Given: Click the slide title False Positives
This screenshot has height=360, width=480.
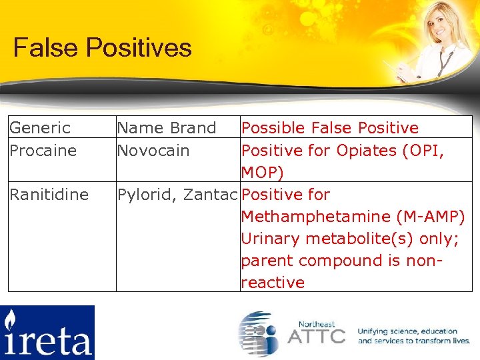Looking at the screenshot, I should coord(103,48).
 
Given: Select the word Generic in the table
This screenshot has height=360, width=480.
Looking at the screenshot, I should coord(39,128).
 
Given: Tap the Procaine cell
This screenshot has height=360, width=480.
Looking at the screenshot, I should coord(43,151).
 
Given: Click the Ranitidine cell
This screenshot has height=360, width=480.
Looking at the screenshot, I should coord(49,195).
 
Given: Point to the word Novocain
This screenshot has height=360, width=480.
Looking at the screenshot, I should coord(153,151).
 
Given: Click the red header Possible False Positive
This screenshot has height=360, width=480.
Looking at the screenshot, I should coord(329,128).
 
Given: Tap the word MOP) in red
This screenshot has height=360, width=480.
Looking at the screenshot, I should coord(262,173).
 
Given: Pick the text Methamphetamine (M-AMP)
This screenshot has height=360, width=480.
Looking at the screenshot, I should coord(352,217).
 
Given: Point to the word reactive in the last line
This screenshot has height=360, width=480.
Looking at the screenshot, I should coord(273,283).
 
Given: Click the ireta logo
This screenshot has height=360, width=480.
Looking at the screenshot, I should coord(47,332).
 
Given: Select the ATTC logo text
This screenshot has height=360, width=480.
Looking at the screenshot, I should coord(316,335).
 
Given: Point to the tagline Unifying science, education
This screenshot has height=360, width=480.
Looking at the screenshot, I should coord(407,331).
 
